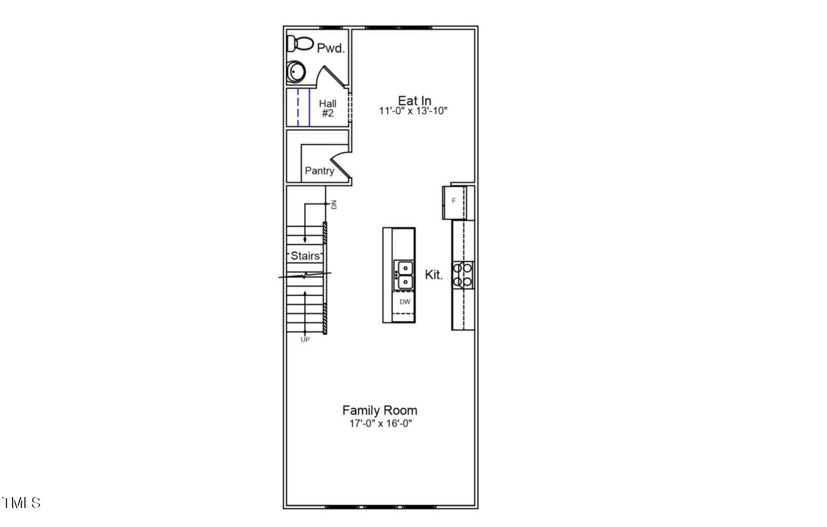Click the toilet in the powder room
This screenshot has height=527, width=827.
click(300, 44)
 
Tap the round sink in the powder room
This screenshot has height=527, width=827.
click(296, 72)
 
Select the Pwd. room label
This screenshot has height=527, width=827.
click(331, 48)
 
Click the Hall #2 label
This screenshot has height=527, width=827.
click(328, 108)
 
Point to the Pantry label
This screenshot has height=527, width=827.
click(319, 171)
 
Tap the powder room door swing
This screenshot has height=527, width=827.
click(331, 77)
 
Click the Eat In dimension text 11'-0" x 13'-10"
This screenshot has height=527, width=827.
click(413, 111)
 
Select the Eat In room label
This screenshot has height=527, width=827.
click(415, 101)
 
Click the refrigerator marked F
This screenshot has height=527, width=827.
click(455, 203)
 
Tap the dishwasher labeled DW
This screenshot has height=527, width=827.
click(403, 302)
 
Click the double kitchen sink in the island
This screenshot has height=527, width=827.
click(404, 275)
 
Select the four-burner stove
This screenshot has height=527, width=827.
click(463, 275)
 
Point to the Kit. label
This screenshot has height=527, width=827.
click(434, 275)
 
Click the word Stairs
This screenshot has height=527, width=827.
click(305, 256)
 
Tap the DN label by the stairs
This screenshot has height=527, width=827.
click(334, 205)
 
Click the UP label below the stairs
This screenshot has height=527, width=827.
click(305, 340)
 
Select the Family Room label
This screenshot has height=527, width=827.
click(380, 410)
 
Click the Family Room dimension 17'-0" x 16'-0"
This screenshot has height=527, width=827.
click(381, 423)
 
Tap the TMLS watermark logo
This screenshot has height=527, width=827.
click(22, 503)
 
